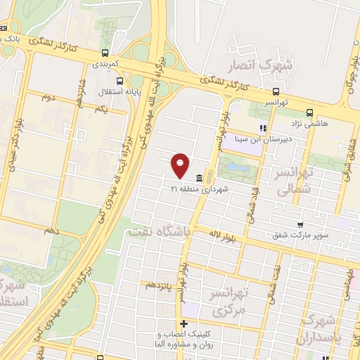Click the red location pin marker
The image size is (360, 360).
[181, 165]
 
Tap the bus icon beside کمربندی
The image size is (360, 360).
[105, 53]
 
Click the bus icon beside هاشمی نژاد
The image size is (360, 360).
[310, 112]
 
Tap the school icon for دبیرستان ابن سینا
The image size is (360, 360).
[262, 128]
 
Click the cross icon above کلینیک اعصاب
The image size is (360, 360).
[184, 324]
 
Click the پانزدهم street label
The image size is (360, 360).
[159, 285]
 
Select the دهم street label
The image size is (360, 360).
[49, 230]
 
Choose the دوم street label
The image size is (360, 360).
[48, 98]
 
